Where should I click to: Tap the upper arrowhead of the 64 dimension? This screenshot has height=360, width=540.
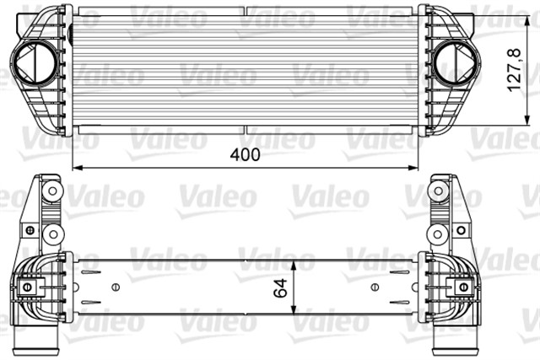(290, 262)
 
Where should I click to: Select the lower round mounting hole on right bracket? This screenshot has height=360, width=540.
(439, 234)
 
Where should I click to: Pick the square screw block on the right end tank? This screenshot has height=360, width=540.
(462, 287)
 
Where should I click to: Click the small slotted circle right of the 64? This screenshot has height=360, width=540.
(375, 287)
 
